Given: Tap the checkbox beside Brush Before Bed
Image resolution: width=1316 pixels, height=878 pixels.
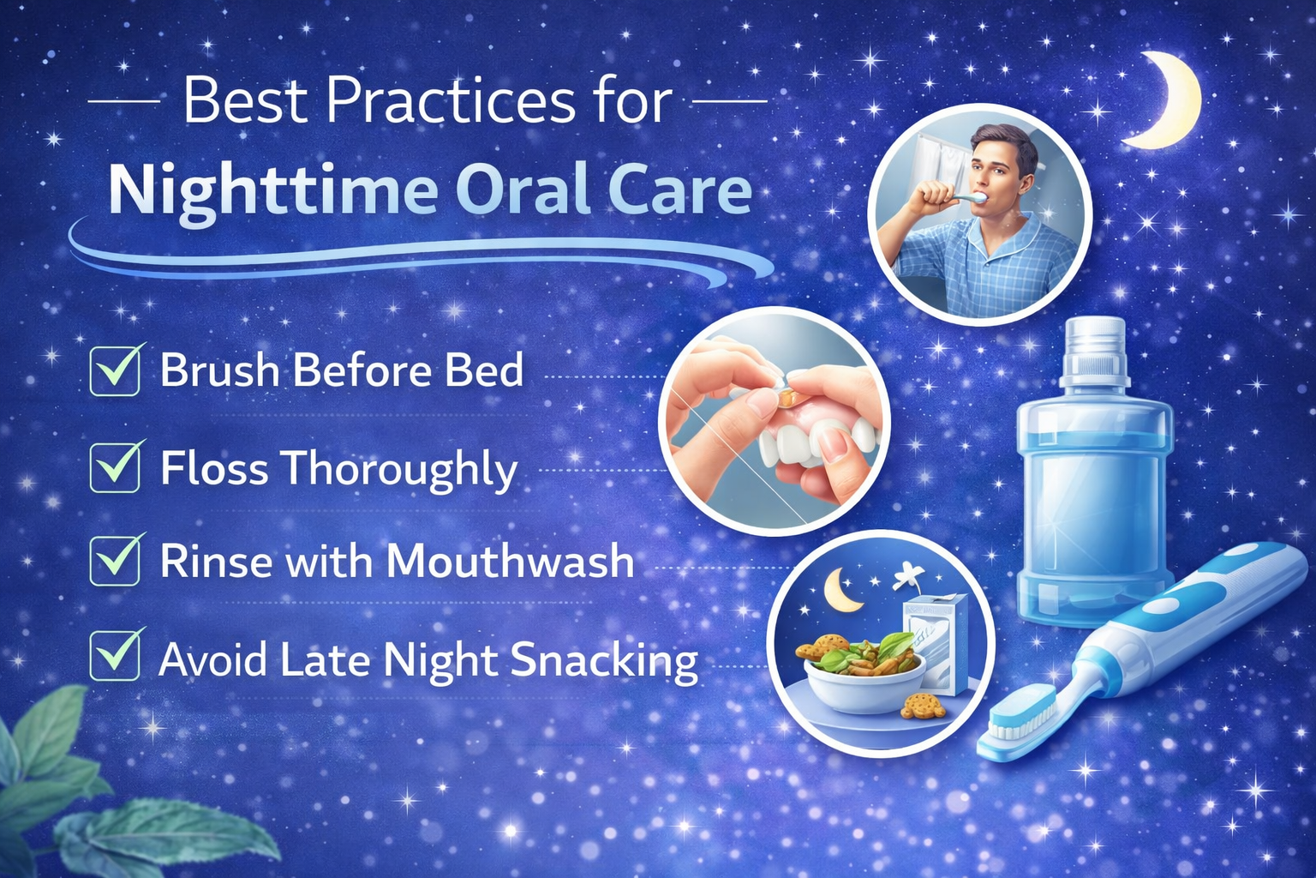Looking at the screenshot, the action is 115,370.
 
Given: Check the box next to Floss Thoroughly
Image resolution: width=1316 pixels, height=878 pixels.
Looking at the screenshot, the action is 115,467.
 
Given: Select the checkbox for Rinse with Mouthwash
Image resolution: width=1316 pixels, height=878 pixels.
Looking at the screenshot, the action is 115,561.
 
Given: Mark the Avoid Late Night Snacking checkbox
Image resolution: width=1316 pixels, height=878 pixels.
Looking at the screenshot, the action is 115,655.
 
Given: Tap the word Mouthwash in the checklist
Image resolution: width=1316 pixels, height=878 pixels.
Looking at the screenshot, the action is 510,561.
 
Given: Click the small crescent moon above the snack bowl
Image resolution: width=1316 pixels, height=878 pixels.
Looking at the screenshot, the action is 841,591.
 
